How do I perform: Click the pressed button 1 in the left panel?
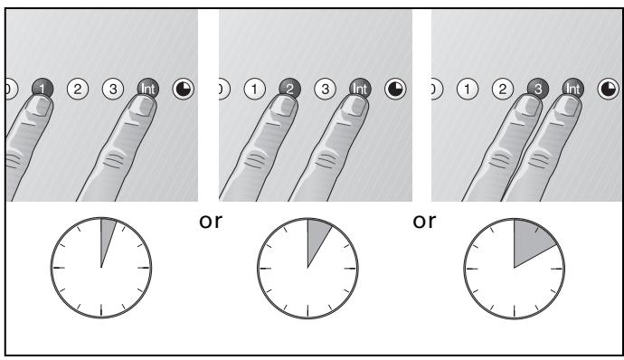coord(43,89)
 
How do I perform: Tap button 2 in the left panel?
coord(78,89)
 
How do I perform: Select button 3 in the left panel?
coord(113,89)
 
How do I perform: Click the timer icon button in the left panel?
coord(184,89)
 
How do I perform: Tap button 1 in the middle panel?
coord(255,89)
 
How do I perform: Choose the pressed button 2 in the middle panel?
coord(290,89)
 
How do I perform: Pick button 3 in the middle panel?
coord(326,89)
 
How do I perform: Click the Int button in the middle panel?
coord(361,89)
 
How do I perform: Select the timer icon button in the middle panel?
coord(395,89)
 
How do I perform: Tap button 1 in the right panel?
coord(468,89)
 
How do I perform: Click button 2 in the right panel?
coord(503,89)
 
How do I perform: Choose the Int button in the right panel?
coord(573,89)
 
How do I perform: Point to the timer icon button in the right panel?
coord(609,89)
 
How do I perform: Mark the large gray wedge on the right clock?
coord(530,241)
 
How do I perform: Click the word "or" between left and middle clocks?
coord(211,222)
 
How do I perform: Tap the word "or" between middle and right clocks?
coord(424,222)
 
